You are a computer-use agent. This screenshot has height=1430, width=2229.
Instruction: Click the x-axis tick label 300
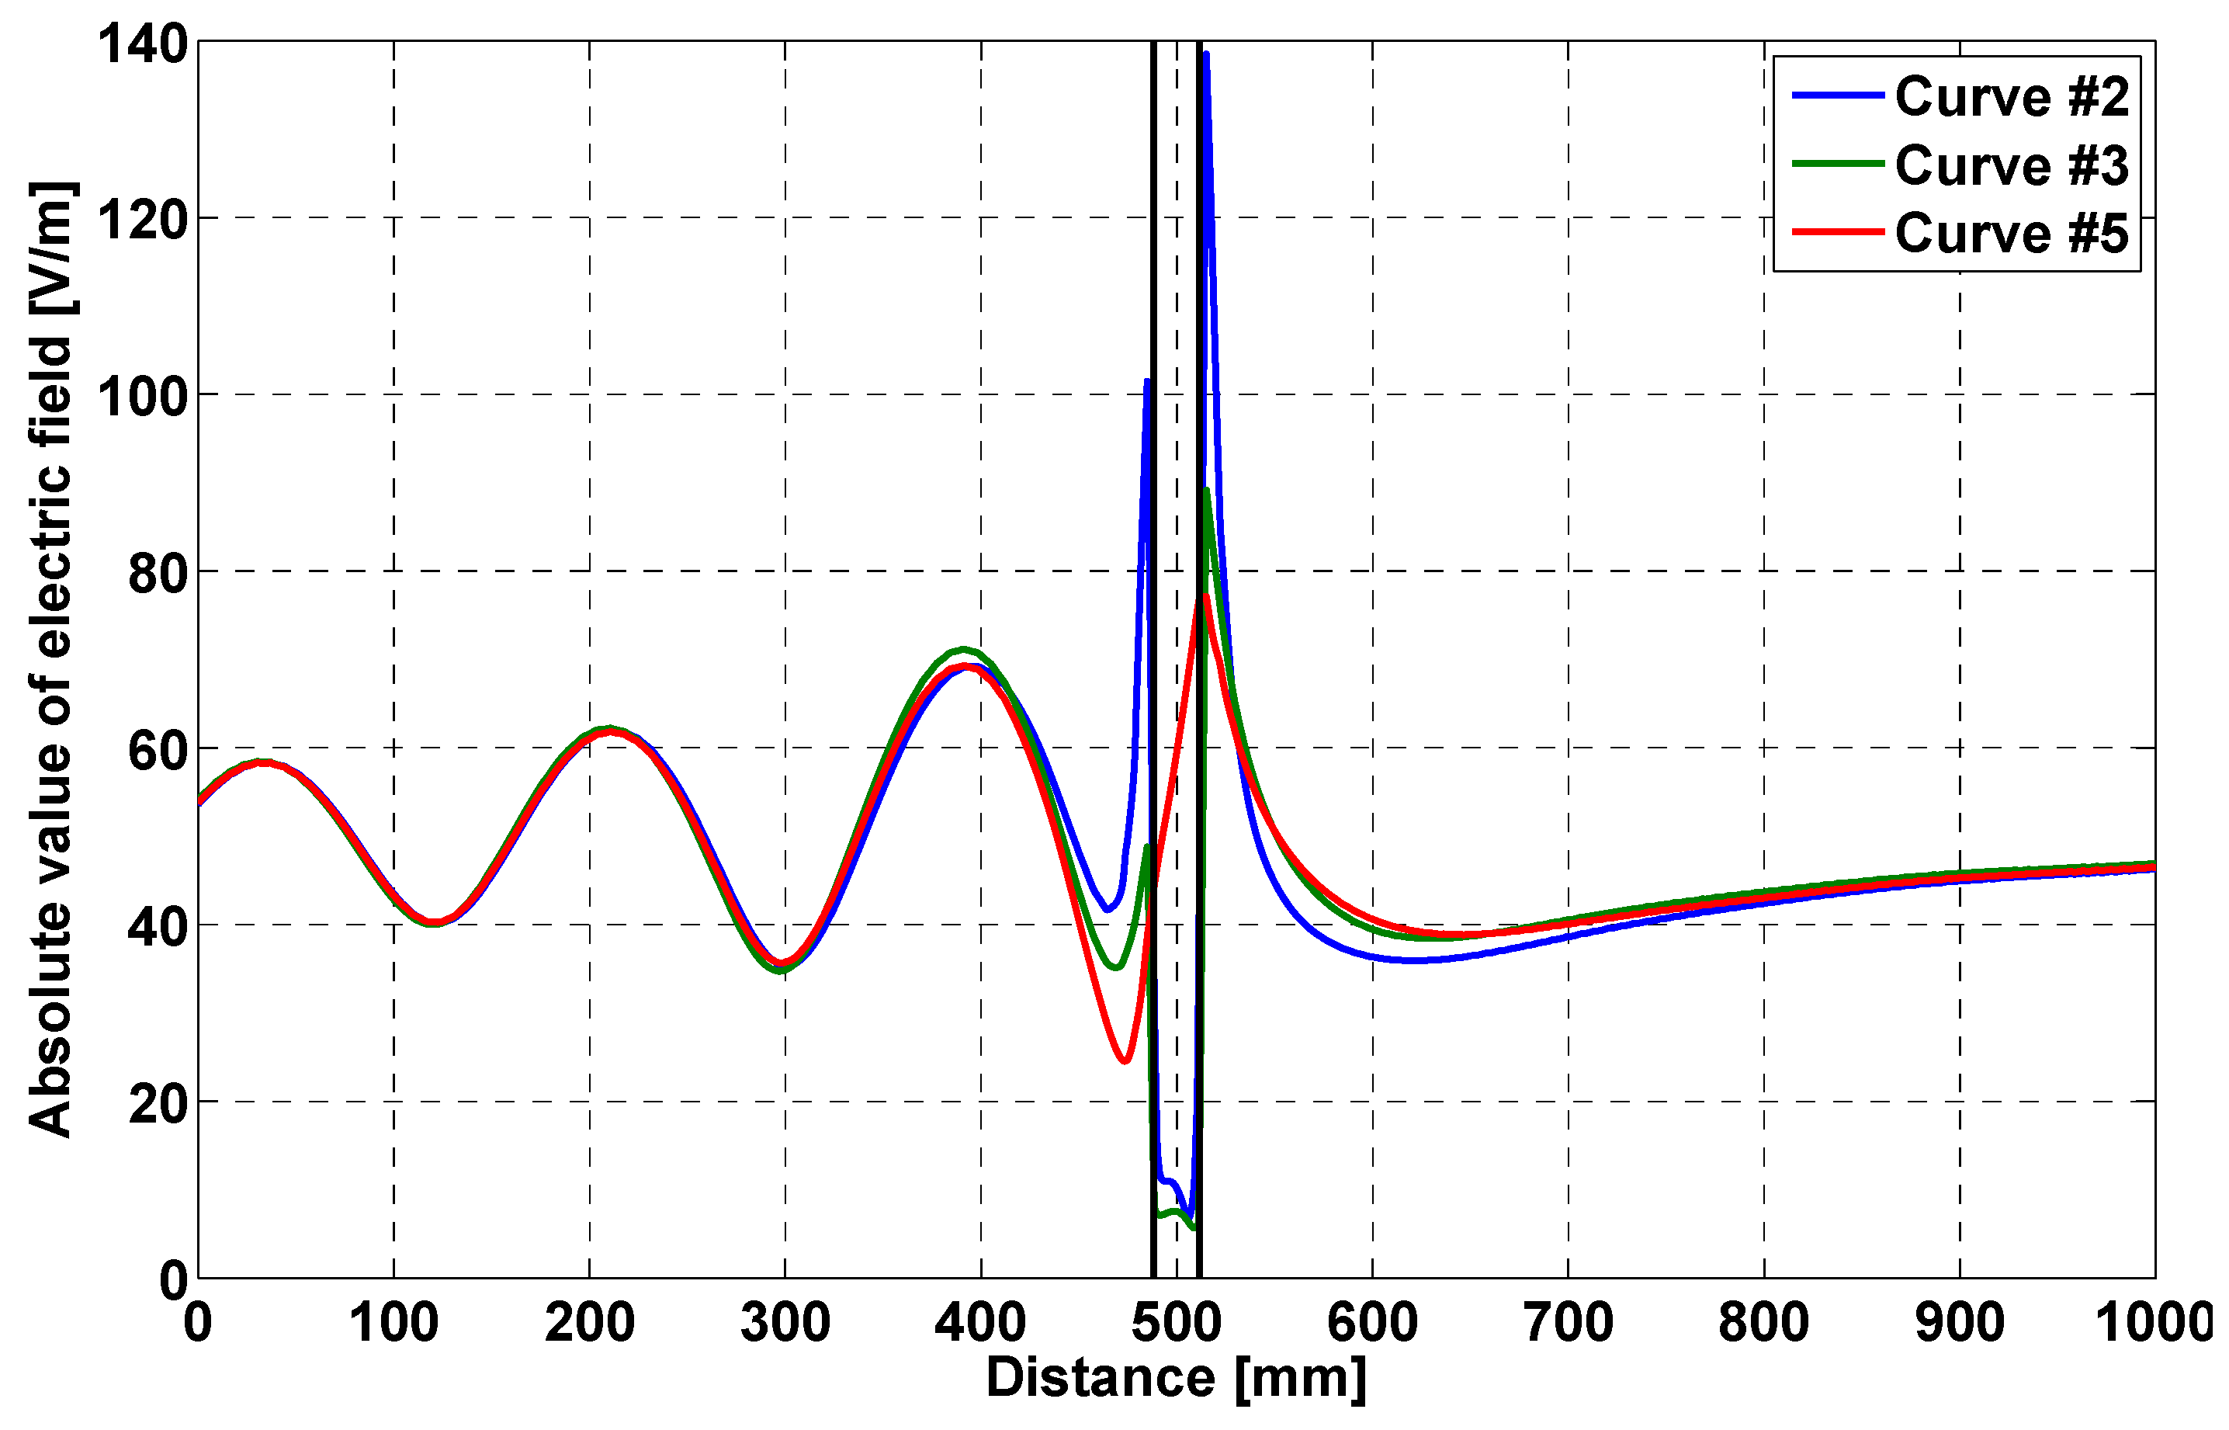785,1322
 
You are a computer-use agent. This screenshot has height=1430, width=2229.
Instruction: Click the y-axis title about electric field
51,659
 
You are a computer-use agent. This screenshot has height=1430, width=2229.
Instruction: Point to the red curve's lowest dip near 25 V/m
1125,1060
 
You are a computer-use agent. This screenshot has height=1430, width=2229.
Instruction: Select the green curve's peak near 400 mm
964,649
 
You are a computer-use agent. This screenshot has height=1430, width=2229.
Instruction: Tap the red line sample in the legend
1838,231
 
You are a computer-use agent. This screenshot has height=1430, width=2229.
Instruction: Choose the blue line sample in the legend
1838,95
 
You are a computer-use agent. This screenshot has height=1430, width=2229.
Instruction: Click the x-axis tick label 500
1177,1322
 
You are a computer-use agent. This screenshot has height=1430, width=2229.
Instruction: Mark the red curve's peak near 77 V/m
1205,596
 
